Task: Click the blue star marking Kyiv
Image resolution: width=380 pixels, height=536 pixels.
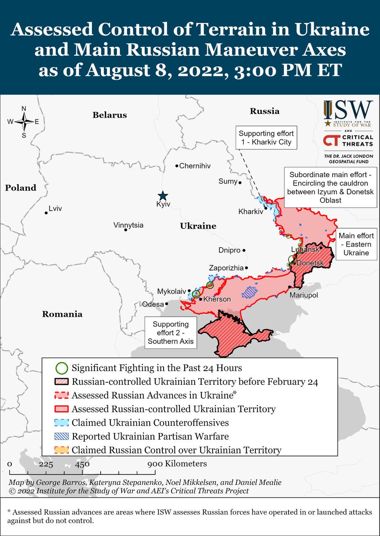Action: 163,196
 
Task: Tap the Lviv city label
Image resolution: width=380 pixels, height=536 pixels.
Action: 55,209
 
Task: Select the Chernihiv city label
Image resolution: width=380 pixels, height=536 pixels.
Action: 195,166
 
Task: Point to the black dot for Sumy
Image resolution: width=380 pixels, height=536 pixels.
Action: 240,183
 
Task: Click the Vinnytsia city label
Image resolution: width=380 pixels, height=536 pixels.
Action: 128,225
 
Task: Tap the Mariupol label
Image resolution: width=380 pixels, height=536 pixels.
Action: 304,295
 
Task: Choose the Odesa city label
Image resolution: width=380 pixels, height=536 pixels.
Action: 153,304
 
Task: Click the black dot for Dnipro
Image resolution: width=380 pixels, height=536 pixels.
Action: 244,250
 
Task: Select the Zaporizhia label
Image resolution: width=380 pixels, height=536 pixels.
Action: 226,268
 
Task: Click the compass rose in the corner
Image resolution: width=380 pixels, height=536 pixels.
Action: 24,122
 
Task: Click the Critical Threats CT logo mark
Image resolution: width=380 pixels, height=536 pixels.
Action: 332,141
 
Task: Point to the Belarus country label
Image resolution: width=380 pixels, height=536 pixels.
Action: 109,115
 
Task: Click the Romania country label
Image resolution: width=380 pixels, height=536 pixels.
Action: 62,314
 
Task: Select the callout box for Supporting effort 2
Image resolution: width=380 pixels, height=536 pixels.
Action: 171,333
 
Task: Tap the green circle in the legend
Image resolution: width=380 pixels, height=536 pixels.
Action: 62,368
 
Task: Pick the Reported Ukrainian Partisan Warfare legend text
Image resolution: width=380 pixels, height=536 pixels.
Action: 150,436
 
